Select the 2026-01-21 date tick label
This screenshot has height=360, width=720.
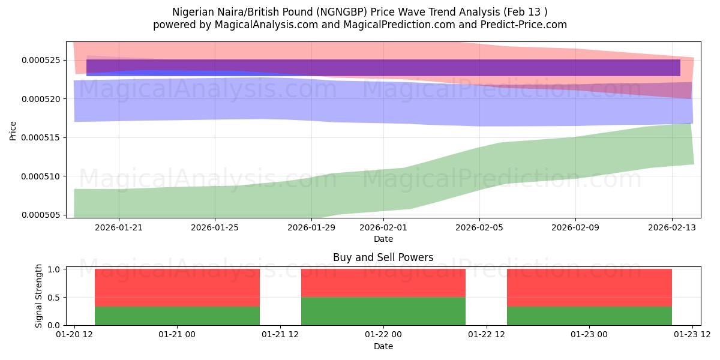tap(118, 228)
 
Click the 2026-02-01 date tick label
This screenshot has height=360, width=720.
tap(383, 228)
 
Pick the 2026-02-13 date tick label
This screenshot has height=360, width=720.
tap(671, 228)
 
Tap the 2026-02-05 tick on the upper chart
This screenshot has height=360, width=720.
tap(479, 228)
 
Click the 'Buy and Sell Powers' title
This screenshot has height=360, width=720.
tap(383, 258)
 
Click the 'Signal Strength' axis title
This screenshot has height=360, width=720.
tap(40, 296)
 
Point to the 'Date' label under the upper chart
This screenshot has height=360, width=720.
tap(383, 239)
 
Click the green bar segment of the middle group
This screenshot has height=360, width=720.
tap(383, 311)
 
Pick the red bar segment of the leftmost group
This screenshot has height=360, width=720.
tap(177, 288)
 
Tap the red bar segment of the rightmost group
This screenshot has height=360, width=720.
tap(589, 288)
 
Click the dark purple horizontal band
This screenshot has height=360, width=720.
tap(383, 68)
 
